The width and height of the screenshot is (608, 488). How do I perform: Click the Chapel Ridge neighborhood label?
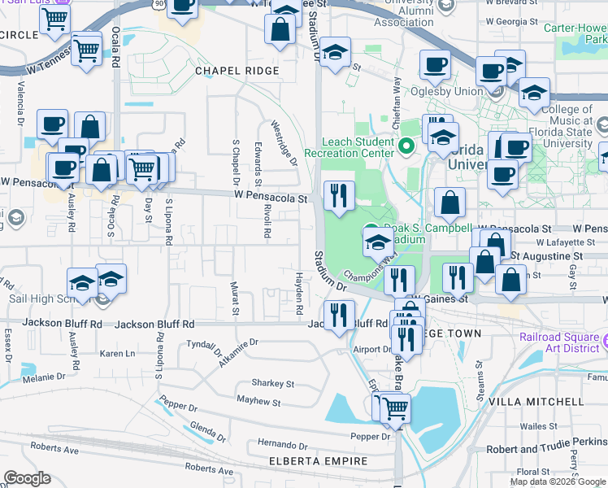237,71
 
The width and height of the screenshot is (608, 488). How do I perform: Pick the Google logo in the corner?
28,478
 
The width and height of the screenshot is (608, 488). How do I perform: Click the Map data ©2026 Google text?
558,481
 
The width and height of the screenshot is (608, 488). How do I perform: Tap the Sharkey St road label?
273,383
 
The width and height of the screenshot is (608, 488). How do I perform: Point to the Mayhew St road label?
258,402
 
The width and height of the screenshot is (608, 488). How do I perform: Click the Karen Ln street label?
118,354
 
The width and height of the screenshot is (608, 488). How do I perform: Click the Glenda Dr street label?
206,428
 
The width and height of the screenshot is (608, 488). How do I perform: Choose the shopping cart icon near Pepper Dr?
395,408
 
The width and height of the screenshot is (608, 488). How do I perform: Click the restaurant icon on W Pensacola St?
340,197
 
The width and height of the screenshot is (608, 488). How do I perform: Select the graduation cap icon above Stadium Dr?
335,53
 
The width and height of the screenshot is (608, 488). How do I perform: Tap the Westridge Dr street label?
284,142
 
